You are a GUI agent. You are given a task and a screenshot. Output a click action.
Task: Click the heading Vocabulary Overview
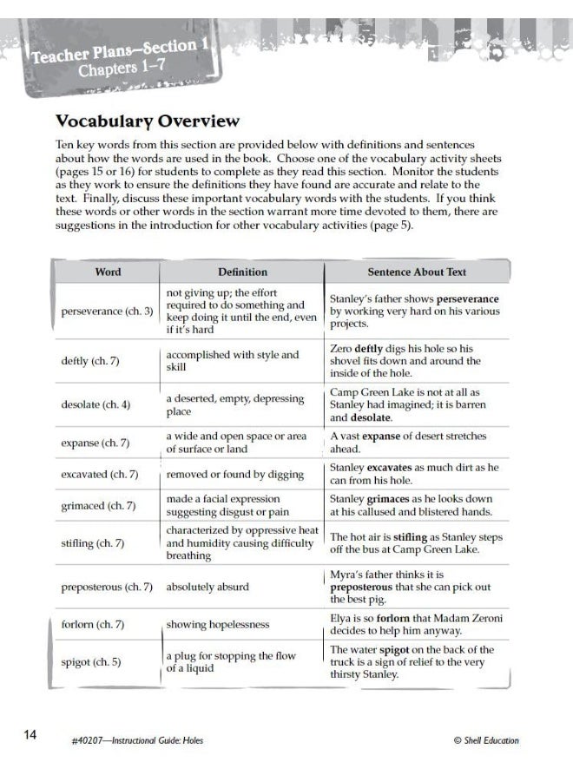147,121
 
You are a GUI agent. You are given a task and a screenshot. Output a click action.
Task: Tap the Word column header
108,272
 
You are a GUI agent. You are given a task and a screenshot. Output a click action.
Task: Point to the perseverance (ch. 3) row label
107,311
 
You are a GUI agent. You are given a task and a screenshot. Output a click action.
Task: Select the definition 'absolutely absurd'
207,587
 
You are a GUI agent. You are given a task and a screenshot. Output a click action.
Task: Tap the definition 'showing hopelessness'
218,624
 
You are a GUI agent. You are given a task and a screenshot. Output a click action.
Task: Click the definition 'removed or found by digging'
234,475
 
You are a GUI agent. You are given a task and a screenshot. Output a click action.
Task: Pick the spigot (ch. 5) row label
91,662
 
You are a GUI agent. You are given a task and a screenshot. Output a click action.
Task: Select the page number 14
30,735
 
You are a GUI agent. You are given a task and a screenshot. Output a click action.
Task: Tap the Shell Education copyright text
486,740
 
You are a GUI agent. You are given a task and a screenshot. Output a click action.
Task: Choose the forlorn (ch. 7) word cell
93,624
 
